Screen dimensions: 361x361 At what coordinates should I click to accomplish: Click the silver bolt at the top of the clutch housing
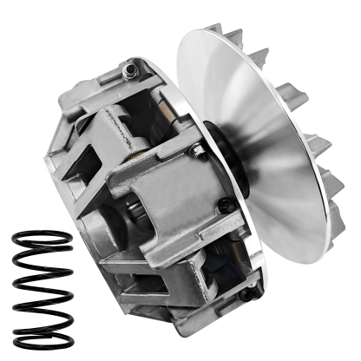pyautogui.click(x=130, y=66)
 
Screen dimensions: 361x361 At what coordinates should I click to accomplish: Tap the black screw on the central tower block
pyautogui.click(x=226, y=206)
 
